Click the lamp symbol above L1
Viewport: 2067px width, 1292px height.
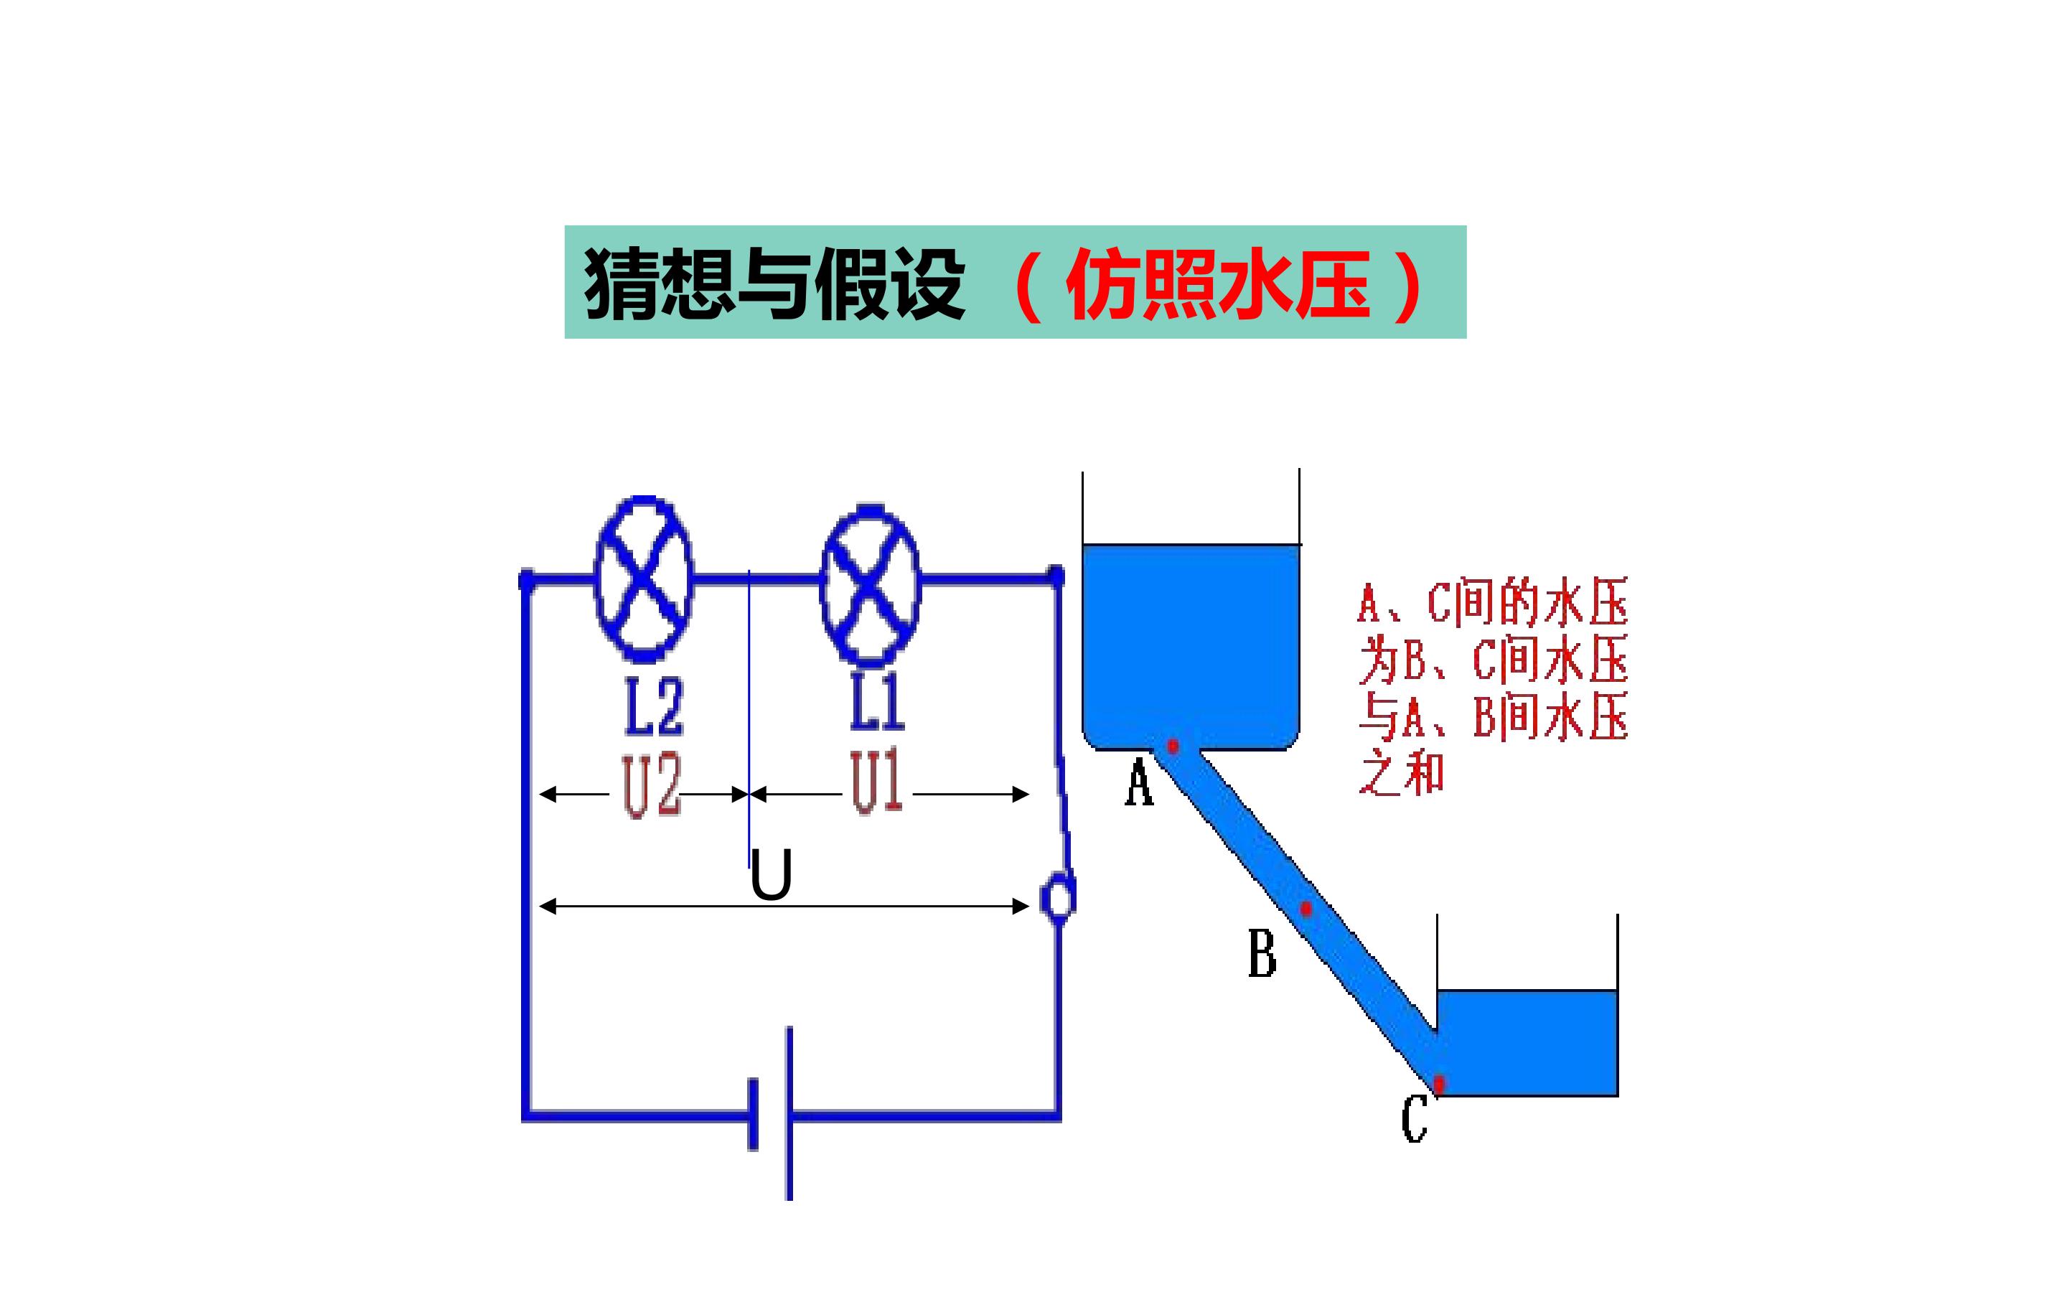[870, 585]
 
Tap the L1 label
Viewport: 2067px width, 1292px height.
[877, 703]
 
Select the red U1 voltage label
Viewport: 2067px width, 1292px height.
[876, 782]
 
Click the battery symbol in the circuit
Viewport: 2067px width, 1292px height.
[772, 1113]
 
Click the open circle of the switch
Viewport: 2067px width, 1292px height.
[1057, 900]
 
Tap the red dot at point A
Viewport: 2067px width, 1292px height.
[1173, 746]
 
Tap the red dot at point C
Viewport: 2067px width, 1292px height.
[1439, 1084]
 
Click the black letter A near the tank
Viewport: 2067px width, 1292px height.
[1138, 785]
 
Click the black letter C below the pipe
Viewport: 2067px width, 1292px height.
[1415, 1120]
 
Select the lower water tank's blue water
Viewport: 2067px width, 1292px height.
[1527, 1042]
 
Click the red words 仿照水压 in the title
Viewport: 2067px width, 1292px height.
[1218, 284]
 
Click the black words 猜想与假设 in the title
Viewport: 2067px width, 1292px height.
[774, 284]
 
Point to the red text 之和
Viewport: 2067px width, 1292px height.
[1402, 772]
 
